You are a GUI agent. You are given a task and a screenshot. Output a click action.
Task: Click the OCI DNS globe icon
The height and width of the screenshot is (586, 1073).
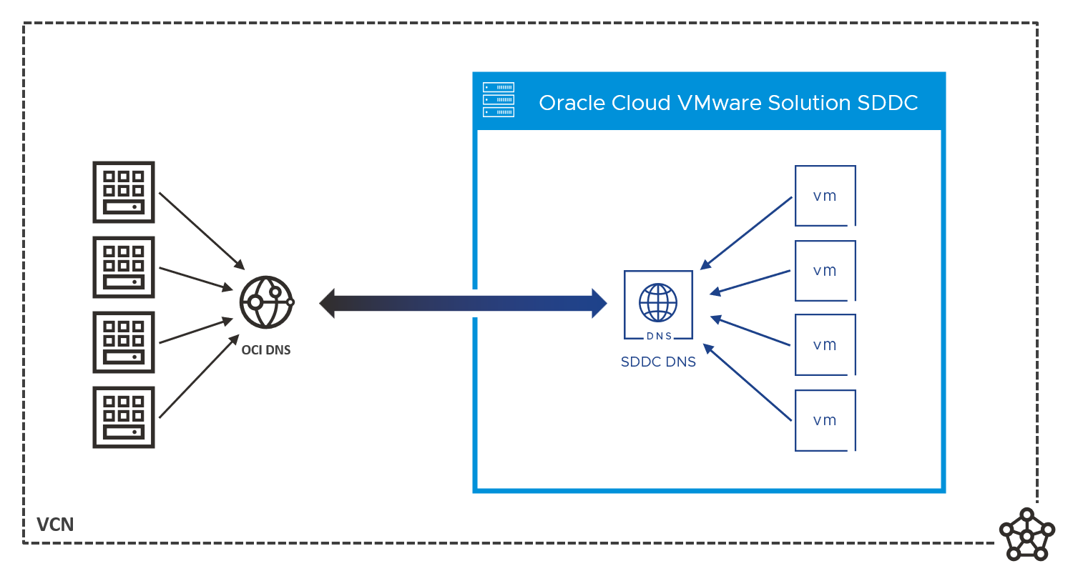[266, 302]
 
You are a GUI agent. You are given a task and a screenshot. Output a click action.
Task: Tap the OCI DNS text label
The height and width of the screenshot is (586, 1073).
[266, 350]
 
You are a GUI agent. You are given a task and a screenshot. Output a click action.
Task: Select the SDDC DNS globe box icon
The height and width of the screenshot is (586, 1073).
[658, 304]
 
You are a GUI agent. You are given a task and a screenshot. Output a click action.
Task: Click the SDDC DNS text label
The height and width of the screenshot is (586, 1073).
[658, 362]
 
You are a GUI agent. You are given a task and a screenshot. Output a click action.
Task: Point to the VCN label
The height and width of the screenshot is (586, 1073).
[55, 525]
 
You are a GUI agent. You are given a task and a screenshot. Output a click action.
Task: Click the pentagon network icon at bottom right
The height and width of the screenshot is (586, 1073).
[1027, 535]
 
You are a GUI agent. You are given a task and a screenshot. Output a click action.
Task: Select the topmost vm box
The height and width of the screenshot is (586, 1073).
[825, 196]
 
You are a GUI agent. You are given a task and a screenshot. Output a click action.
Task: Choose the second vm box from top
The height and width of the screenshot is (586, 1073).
[825, 271]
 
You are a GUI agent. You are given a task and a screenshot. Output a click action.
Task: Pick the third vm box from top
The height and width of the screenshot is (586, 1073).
[825, 345]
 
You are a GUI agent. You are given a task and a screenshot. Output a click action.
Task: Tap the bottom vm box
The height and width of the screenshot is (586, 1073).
[825, 420]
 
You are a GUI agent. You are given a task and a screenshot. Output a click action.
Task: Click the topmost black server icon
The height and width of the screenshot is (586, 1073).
[124, 192]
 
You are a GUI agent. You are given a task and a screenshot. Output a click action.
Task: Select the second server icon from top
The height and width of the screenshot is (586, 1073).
[124, 267]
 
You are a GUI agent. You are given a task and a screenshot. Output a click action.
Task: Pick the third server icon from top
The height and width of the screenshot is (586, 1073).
[124, 342]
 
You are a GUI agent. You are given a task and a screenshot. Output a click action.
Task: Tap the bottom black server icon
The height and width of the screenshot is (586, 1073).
[124, 417]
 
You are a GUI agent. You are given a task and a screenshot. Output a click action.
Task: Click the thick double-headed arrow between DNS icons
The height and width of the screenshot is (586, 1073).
[463, 303]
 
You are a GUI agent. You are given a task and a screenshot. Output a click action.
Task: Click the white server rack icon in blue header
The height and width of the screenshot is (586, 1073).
[499, 100]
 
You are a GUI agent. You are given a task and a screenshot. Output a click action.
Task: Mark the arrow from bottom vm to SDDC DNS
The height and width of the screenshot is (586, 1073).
[748, 382]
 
